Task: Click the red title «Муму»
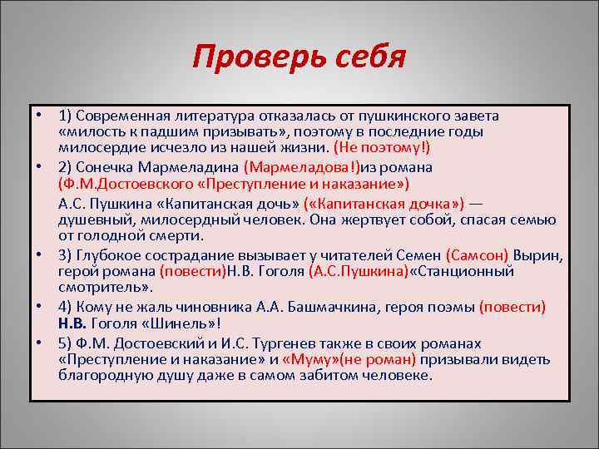pos(309,359)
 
